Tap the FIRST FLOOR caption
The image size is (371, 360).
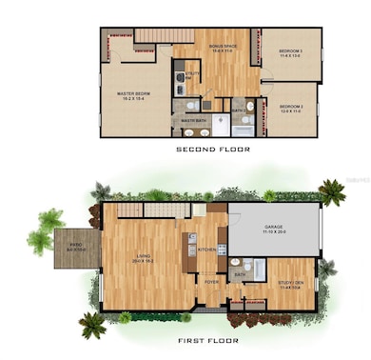click(x=207, y=340)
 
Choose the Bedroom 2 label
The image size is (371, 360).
click(x=290, y=107)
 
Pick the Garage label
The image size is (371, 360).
click(x=276, y=230)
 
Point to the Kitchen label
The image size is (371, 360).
click(x=207, y=250)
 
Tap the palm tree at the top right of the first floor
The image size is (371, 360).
click(x=331, y=192)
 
